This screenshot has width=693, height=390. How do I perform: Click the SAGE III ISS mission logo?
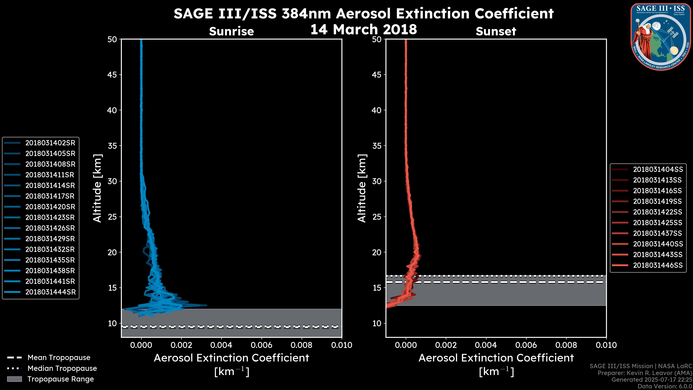point(661,37)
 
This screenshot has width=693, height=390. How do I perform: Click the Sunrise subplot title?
point(231,31)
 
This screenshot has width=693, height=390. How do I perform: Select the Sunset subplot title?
point(496,31)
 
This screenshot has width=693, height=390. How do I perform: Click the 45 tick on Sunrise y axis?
point(112,75)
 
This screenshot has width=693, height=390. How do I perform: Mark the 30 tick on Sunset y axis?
point(377,181)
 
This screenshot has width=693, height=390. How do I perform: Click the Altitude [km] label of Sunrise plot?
point(97,188)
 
